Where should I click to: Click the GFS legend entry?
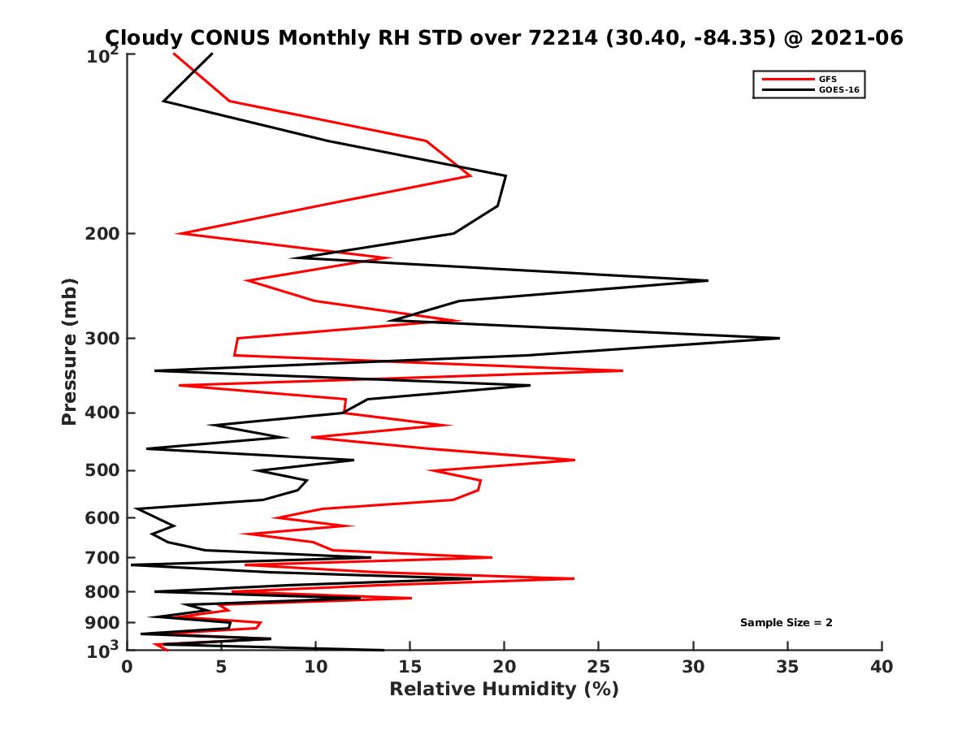827,79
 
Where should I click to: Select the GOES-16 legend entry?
838,89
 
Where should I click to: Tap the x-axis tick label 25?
599,668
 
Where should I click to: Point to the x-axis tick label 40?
882,668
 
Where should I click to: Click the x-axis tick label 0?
128,668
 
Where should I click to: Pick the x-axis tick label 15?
410,668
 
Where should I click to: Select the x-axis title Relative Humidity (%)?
504,690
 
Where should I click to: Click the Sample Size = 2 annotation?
786,623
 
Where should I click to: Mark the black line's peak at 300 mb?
779,338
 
